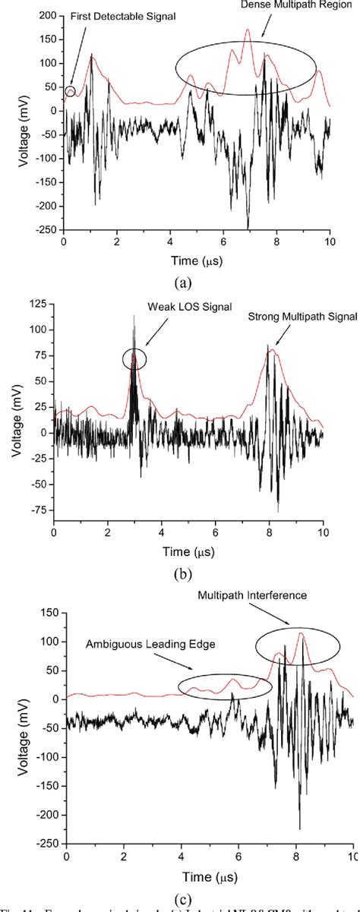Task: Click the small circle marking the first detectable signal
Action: tap(71, 92)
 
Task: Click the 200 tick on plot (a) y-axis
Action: tap(48, 16)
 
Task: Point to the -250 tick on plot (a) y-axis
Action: tap(46, 229)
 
